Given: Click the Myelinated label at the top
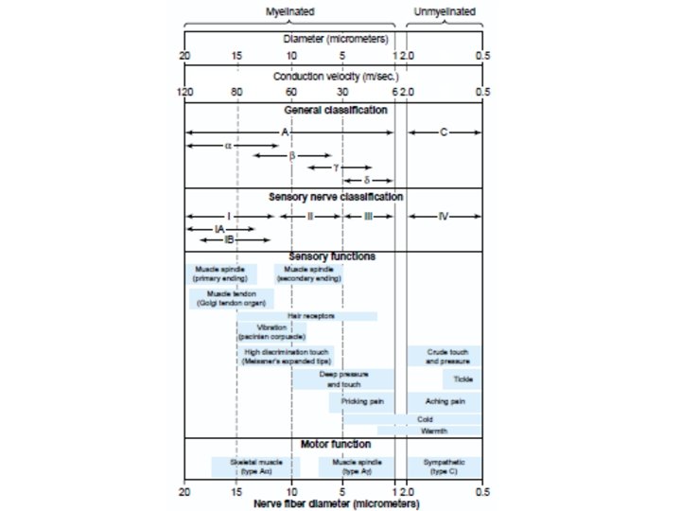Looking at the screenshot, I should [290, 12].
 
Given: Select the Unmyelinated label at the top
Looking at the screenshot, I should [445, 12].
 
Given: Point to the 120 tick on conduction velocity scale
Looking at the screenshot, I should [186, 92].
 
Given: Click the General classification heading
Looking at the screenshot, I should [336, 110].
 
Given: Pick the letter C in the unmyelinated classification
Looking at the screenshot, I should [444, 132].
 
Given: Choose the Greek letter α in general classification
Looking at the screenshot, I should [228, 146].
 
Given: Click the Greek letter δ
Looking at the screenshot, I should [367, 179].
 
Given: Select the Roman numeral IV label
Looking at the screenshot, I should [444, 216].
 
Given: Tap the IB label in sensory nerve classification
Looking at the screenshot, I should [217, 240].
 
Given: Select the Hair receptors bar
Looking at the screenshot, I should [307, 315].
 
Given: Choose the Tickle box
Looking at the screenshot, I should [463, 379].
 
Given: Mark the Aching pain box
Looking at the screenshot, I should [445, 401].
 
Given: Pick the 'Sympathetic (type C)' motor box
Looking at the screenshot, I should [444, 467].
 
